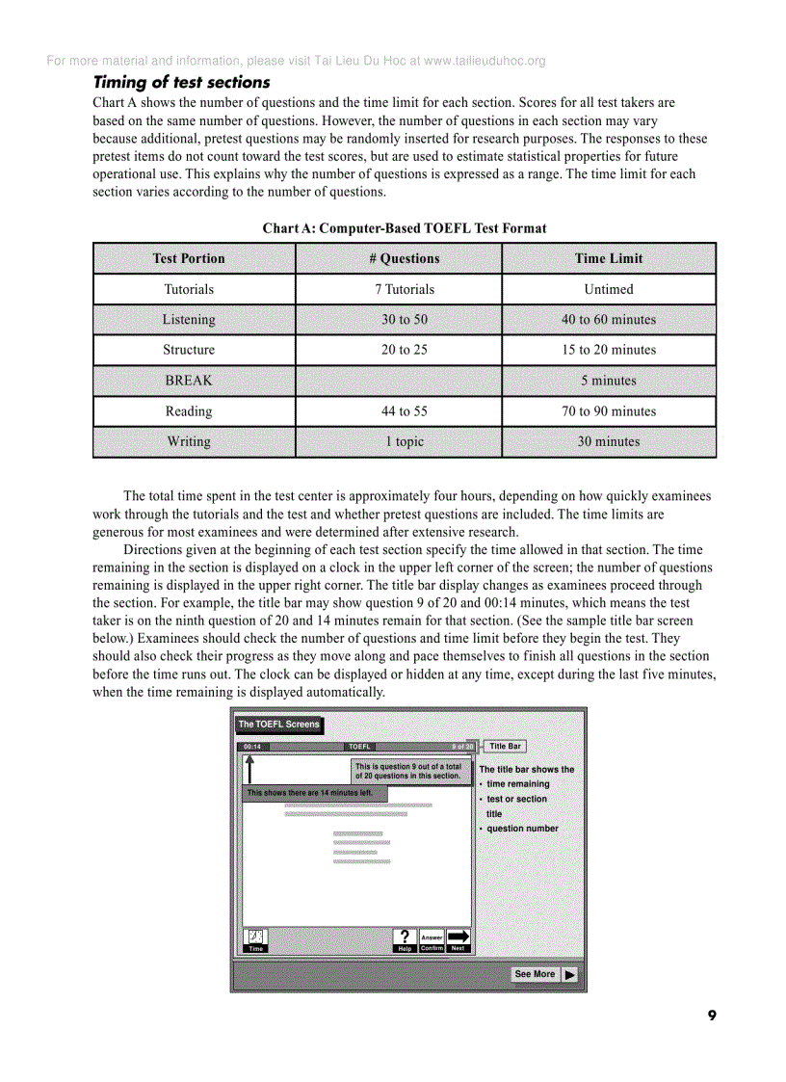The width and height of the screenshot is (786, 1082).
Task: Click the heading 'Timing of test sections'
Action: tap(181, 83)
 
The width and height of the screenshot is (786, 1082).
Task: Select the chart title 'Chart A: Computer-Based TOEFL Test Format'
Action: tap(405, 228)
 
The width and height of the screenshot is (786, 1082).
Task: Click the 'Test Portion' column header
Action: tap(189, 258)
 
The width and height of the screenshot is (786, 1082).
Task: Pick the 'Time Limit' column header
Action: tap(609, 258)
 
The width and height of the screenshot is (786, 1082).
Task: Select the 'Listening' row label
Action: tap(189, 320)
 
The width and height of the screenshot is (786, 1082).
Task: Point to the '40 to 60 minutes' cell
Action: tap(609, 320)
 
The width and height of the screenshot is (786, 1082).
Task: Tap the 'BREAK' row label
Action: tap(189, 381)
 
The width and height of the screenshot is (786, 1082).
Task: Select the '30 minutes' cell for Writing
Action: tap(609, 442)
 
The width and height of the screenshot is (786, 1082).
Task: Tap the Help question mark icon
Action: tap(405, 937)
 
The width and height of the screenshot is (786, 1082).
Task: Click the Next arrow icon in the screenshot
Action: tap(458, 937)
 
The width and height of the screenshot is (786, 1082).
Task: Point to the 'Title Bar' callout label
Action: tap(505, 746)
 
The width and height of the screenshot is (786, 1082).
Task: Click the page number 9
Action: tap(712, 1016)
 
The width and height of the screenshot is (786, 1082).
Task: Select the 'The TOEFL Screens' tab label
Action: tap(278, 725)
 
